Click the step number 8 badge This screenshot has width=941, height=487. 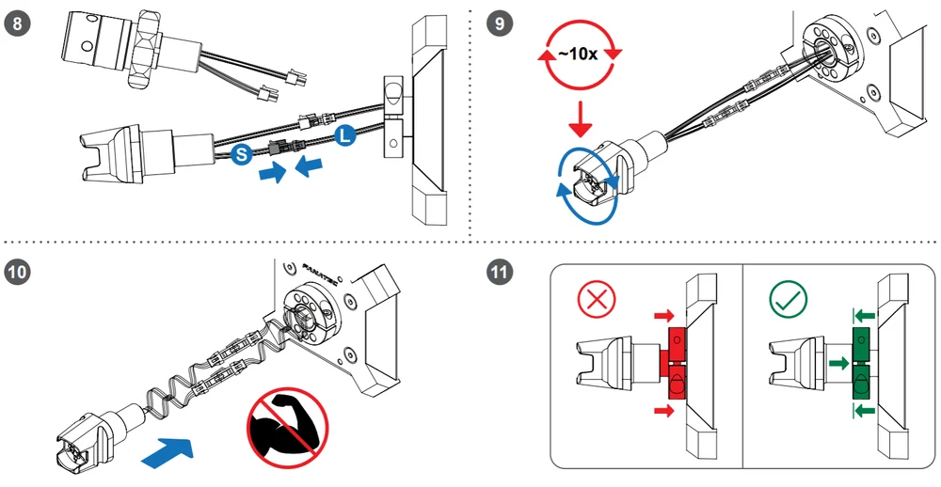coord(16,24)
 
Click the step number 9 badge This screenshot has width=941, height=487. coord(500,24)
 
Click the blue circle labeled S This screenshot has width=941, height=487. coord(241,155)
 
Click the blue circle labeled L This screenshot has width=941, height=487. coord(344,136)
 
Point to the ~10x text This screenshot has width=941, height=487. coord(578,54)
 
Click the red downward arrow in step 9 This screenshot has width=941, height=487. coord(581,118)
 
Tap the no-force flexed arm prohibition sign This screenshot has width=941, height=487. coord(287,427)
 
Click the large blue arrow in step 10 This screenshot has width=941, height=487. coord(168,451)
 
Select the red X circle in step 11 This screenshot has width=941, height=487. coord(597,299)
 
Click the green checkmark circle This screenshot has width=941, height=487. coord(789,299)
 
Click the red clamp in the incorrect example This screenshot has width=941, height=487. coord(676,364)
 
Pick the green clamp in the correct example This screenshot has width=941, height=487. coord(862,364)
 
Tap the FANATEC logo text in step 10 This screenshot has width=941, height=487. coord(321,274)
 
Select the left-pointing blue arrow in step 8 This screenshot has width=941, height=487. coord(310,165)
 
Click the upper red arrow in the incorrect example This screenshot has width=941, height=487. coord(664,316)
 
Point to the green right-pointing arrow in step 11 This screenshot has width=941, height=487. coord(839,363)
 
